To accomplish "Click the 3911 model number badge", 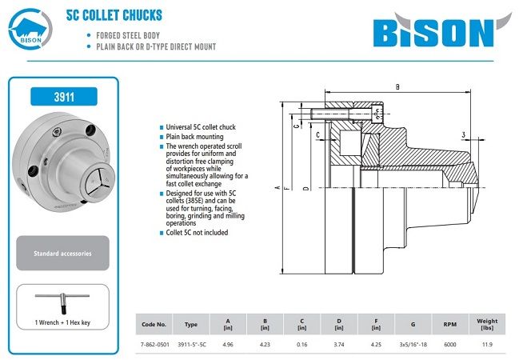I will [63, 98].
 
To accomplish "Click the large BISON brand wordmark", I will [432, 31].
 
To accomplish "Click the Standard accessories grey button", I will [62, 253].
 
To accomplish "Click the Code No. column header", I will [154, 324].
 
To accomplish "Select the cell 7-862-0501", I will [154, 344].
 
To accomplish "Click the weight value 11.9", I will [487, 344].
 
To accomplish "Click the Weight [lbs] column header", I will [487, 324].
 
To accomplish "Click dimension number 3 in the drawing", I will [463, 134].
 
